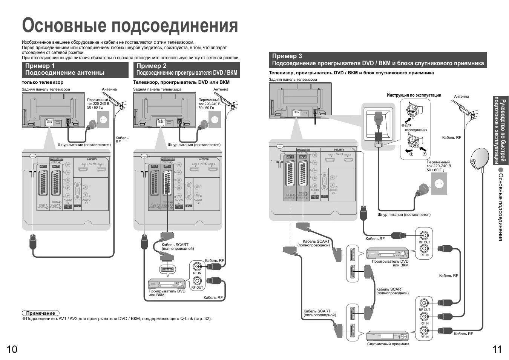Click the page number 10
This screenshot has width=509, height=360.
point(12,349)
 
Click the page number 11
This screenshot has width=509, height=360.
point(497,349)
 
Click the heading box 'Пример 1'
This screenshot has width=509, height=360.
point(75,69)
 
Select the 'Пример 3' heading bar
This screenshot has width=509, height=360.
point(377,60)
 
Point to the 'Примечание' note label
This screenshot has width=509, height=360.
point(40,313)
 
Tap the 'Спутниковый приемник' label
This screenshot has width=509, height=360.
point(388,344)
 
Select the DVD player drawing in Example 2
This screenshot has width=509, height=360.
point(166,283)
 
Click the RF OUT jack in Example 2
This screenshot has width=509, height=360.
point(197,281)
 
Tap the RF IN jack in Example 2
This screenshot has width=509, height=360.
point(197,266)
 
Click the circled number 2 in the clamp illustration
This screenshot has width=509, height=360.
point(411,154)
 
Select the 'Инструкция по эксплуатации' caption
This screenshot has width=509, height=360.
point(414,95)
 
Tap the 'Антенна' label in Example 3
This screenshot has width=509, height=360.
point(461,96)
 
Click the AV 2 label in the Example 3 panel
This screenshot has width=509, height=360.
point(302,157)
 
